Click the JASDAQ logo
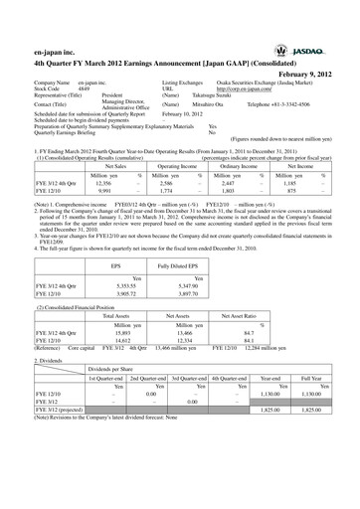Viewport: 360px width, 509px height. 319,47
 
